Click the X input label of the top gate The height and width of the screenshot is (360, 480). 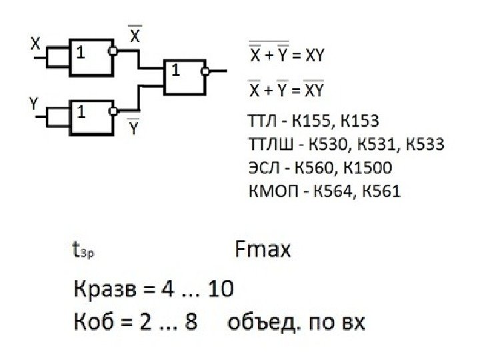35,45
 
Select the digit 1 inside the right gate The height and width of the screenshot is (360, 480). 175,69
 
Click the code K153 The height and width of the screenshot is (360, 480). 359,121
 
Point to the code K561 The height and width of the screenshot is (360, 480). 381,191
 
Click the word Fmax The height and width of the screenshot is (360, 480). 263,250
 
